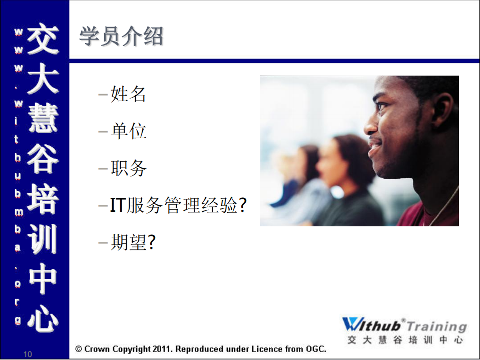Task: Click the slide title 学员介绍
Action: [121, 37]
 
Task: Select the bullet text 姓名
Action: [128, 94]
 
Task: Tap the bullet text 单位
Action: [128, 131]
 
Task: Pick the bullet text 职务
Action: [128, 168]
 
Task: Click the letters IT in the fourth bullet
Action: [117, 205]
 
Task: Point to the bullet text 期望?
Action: [133, 243]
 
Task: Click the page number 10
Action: [28, 354]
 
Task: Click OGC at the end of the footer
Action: [315, 349]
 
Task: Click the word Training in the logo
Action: [436, 326]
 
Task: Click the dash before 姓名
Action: [103, 94]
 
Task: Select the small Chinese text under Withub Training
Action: [405, 340]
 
